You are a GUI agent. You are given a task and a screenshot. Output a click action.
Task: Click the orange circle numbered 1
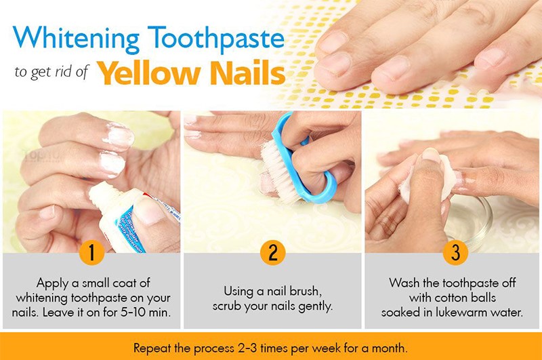tap(91, 253)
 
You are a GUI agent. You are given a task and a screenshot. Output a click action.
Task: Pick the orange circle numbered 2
tap(272, 253)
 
